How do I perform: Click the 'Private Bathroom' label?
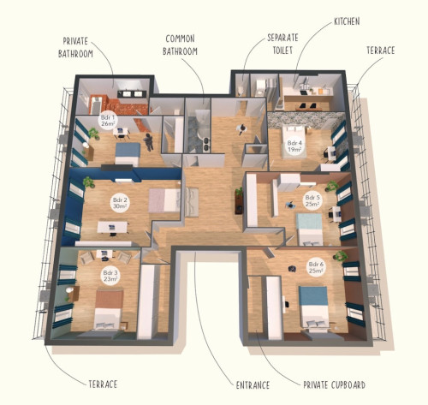click(x=82, y=46)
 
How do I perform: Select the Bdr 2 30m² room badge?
click(x=119, y=204)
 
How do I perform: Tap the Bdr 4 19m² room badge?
click(x=294, y=145)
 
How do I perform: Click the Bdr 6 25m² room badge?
click(x=315, y=268)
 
